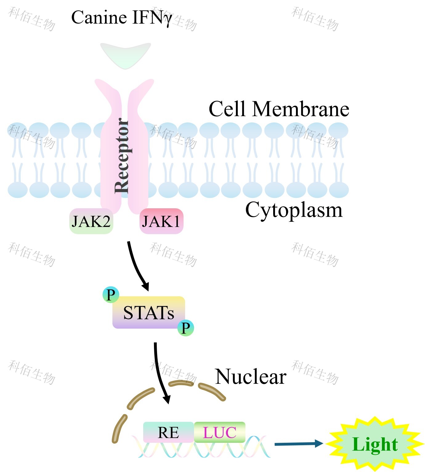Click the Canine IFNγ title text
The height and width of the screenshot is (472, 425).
coord(121,18)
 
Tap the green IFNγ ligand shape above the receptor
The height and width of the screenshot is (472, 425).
coord(125,54)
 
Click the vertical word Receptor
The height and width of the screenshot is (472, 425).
coord(122,156)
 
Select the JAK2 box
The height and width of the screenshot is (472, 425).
coord(91,221)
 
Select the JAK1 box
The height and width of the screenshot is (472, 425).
coord(161,221)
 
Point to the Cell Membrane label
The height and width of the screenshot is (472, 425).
coord(279,109)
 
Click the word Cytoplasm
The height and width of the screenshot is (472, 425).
coord(293,210)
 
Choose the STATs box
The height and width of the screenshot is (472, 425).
coord(148,312)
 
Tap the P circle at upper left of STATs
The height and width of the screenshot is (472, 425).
coord(111,294)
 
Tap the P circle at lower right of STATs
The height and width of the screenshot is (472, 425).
coord(185,328)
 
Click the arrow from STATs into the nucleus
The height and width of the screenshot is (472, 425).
coord(161,372)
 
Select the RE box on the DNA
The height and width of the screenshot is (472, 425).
coord(168,432)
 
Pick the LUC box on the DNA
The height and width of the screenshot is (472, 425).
coord(220,432)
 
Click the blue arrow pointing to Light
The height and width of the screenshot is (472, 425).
coord(298,444)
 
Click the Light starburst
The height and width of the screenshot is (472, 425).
coord(375,444)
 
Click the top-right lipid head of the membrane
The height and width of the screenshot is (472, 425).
coord(338,130)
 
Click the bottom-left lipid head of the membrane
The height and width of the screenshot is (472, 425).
coord(18,190)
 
